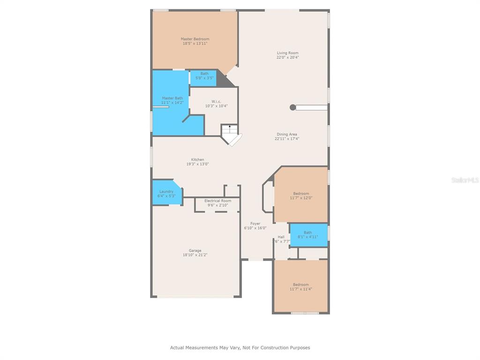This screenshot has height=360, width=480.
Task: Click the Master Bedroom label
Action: [x=195, y=39]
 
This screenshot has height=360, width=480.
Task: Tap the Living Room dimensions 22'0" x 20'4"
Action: [x=288, y=57]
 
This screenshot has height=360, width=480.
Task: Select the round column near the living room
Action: [x=293, y=107]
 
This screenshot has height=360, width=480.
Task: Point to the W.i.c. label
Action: [x=216, y=101]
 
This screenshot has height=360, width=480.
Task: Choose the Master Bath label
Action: [x=172, y=98]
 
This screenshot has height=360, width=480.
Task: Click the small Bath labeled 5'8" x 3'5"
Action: [x=203, y=79]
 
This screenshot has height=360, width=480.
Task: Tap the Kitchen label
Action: [x=197, y=159]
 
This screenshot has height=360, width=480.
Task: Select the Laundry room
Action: [x=167, y=192]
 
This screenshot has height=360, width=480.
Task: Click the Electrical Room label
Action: [x=218, y=201]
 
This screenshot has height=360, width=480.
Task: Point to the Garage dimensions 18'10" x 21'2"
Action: [x=195, y=255]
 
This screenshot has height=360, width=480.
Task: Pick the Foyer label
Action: [x=255, y=224]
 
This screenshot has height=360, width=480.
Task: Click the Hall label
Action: [x=281, y=237]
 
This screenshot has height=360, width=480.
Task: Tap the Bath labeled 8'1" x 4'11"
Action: [x=308, y=235]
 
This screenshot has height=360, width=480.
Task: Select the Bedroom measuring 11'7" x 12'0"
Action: [x=301, y=195]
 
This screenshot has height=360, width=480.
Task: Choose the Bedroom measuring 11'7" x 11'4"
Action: [x=301, y=286]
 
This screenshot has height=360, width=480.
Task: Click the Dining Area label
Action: [x=287, y=134]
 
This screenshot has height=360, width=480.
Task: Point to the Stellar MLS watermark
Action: [x=465, y=180]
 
